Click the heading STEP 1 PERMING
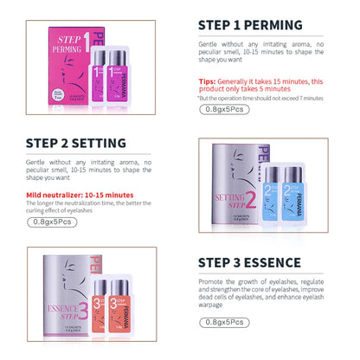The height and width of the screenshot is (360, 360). pos(250,24)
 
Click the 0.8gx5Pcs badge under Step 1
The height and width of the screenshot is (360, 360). pos(221,111)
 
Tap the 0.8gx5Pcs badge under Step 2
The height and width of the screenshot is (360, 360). pos(53,222)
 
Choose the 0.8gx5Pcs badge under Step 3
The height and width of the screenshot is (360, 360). pos(222,322)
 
